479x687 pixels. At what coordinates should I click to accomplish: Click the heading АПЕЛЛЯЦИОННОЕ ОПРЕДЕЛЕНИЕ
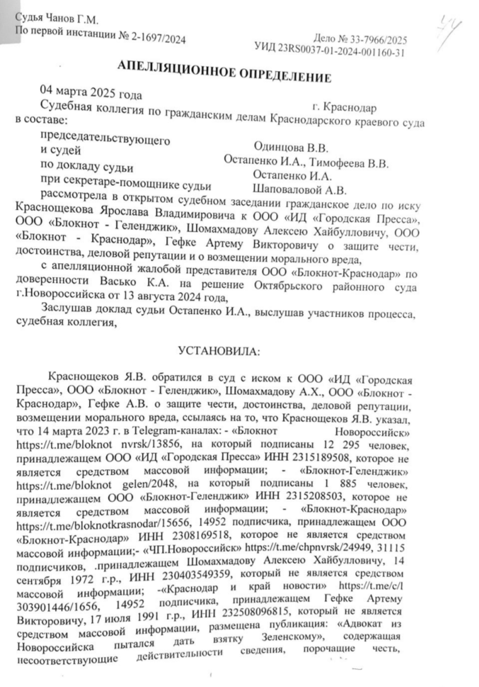click(224, 71)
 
